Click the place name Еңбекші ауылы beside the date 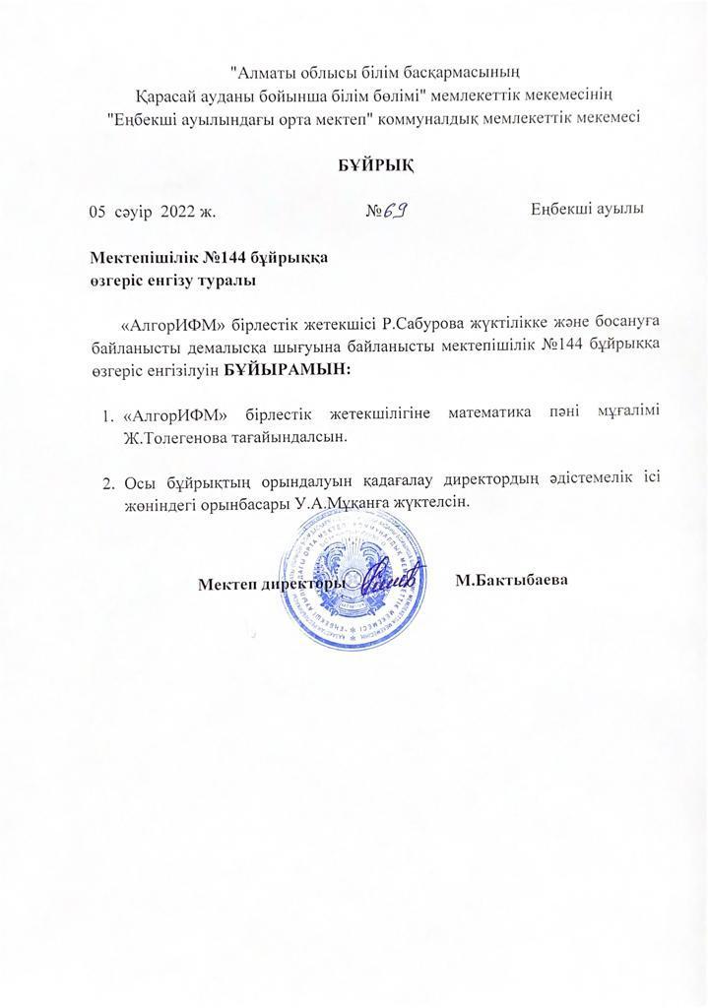[589, 211]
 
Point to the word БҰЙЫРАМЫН [294, 370]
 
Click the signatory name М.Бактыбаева [513, 581]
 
